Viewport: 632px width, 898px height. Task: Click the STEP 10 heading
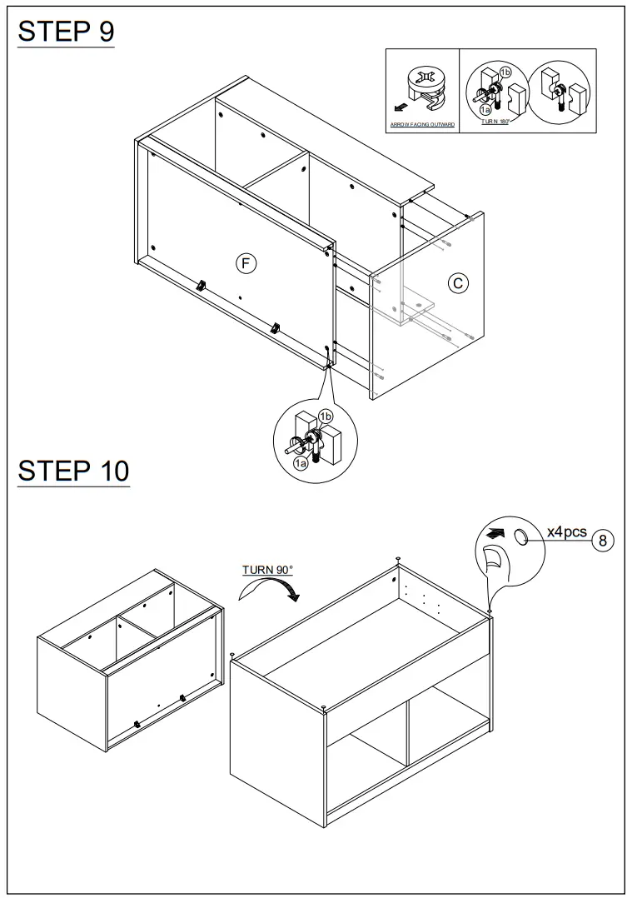tap(73, 471)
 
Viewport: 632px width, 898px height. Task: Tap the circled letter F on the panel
tap(244, 263)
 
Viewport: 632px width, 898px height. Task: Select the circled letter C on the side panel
tap(458, 283)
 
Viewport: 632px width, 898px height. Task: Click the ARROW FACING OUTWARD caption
tap(422, 125)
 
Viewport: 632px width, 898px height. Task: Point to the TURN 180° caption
tap(495, 122)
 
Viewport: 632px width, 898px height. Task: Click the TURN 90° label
tap(267, 570)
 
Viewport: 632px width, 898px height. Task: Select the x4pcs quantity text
tap(566, 531)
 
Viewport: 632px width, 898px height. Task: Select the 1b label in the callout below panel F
tap(326, 416)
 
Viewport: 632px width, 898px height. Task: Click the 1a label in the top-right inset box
tap(485, 110)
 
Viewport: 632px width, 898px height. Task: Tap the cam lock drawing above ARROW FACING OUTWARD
tap(423, 87)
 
